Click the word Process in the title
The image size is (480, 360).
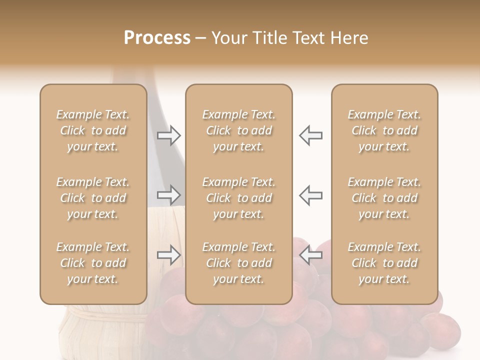click(157, 38)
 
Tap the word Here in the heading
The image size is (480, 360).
click(348, 38)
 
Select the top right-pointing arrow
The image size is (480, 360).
click(169, 135)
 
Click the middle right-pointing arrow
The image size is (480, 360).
click(169, 195)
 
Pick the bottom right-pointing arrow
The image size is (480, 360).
click(169, 255)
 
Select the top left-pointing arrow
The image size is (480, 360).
click(310, 135)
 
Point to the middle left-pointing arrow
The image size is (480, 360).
click(310, 195)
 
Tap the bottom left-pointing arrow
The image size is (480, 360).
click(310, 255)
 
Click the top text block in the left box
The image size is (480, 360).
click(93, 130)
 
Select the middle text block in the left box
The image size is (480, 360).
click(93, 198)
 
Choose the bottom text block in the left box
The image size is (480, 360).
click(93, 263)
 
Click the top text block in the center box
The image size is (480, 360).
click(238, 130)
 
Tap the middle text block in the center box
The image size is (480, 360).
click(238, 198)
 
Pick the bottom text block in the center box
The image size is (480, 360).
click(238, 263)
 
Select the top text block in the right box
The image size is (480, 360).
click(384, 130)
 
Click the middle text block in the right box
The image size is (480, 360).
click(384, 198)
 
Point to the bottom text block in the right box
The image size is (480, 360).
click(384, 263)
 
